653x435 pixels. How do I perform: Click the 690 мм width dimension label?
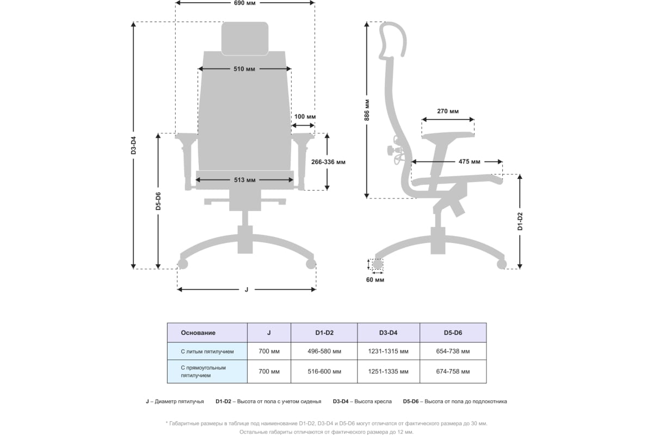point(244,3)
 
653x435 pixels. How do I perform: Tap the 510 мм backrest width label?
point(244,69)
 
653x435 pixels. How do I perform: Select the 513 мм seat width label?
point(244,180)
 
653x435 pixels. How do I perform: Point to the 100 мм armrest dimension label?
point(305,116)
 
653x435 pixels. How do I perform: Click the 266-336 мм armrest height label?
point(328,162)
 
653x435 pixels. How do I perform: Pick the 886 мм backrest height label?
point(367,110)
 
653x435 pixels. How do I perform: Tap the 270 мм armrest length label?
point(448,111)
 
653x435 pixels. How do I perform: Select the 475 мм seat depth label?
point(469,161)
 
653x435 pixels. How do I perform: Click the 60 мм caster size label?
point(375,279)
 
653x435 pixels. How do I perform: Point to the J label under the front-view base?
point(247,289)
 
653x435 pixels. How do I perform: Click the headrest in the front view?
point(245,39)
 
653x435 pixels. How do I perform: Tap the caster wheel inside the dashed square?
point(378,264)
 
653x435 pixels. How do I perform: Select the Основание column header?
point(198,333)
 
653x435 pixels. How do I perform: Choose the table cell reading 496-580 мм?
point(324,351)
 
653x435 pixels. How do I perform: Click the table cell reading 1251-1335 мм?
point(389,371)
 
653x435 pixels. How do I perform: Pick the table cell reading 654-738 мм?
point(453,351)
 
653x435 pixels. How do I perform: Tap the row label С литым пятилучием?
point(207,352)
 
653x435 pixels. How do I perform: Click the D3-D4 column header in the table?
point(389,333)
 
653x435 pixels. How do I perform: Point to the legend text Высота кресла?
point(373,401)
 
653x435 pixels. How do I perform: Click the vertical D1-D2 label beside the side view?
point(520,221)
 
